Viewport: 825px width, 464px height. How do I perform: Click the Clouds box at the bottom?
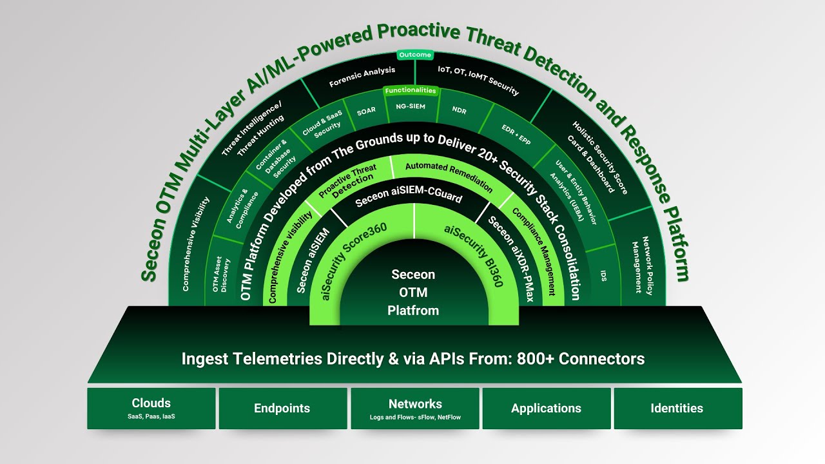point(151,409)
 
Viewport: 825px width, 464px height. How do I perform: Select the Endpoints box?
point(282,409)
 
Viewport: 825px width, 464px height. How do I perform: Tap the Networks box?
point(415,409)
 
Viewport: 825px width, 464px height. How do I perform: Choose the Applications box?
point(546,409)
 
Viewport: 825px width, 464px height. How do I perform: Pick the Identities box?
point(677,409)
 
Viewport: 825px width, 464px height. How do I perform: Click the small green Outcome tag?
point(414,55)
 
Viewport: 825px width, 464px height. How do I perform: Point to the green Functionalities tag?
point(410,91)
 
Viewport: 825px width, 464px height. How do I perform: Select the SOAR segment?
point(365,111)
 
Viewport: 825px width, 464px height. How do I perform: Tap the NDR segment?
point(459,110)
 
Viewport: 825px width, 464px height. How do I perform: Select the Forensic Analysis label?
point(362,77)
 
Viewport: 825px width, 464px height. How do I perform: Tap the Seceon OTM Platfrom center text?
point(412,293)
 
